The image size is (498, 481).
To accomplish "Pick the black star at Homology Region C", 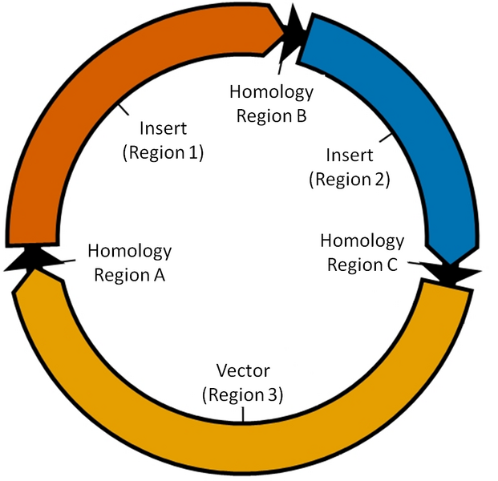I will [x=453, y=273].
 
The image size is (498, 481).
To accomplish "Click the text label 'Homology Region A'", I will [x=129, y=263].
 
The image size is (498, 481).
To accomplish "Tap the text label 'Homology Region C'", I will [x=362, y=253].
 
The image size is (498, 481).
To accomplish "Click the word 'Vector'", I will [x=243, y=370].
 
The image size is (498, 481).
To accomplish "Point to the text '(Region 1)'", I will [x=163, y=152].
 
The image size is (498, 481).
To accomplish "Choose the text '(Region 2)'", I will [x=349, y=178].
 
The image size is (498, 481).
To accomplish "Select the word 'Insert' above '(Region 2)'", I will [x=349, y=155].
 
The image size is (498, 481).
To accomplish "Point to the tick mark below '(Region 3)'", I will [x=243, y=414].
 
